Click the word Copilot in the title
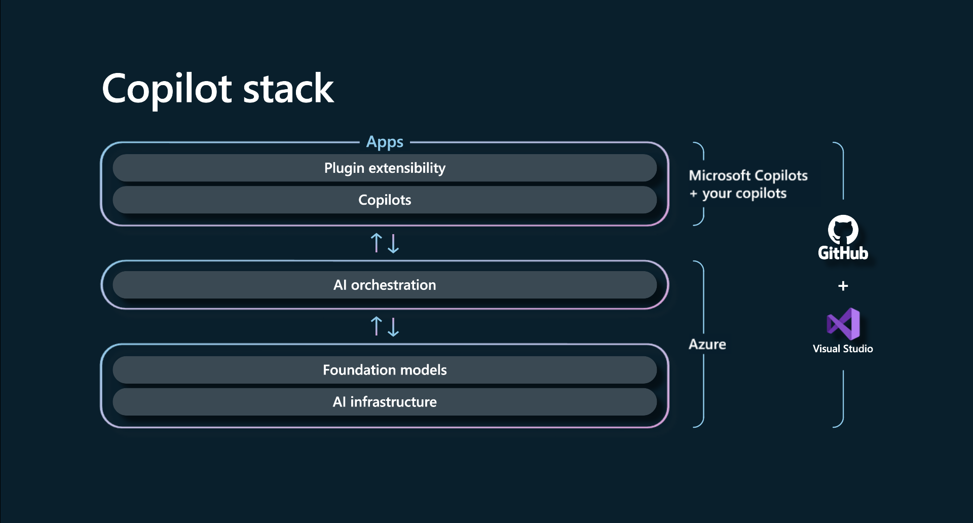[167, 89]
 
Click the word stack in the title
[288, 89]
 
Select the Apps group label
[385, 142]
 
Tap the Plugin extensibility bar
[385, 168]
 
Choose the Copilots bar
[385, 200]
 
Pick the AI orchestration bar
[385, 285]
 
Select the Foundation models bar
[385, 370]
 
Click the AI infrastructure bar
[385, 402]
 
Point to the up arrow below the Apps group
[376, 243]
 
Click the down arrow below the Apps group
[393, 243]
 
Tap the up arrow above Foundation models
[376, 326]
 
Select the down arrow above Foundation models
[393, 327]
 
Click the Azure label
[707, 345]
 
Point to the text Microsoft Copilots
[748, 175]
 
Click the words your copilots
[744, 194]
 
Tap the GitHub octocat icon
[843, 230]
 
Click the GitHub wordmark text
[843, 253]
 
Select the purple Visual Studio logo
[843, 324]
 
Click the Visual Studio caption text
[843, 349]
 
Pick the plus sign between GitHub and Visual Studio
[843, 286]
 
